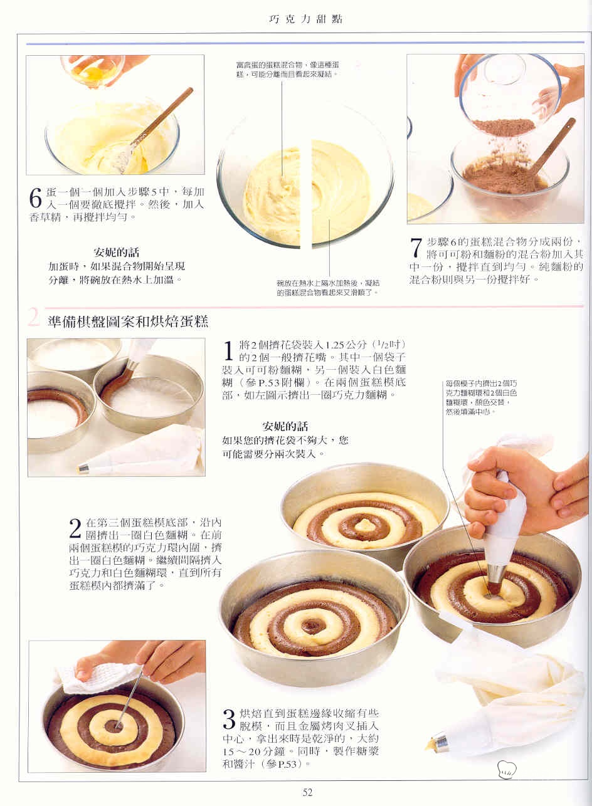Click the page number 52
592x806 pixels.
click(307, 792)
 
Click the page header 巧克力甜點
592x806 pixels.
click(306, 19)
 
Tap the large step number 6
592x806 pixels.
click(35, 197)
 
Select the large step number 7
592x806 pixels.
click(416, 248)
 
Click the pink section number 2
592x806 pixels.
click(33, 317)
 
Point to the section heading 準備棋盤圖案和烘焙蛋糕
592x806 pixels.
click(128, 322)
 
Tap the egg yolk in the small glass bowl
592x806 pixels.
click(94, 74)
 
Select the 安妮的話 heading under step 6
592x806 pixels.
click(116, 252)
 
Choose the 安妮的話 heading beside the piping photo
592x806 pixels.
click(285, 426)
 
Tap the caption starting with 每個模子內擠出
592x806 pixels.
click(481, 397)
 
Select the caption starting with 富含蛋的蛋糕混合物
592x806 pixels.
click(287, 70)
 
